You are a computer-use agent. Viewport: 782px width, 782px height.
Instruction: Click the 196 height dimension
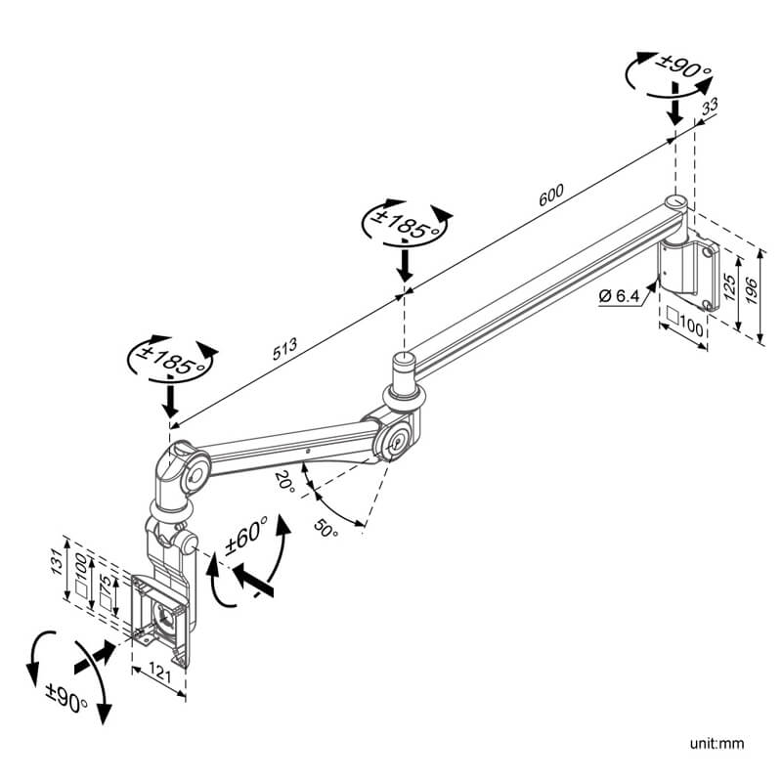pos(751,290)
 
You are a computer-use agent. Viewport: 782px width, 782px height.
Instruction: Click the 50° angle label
pos(326,529)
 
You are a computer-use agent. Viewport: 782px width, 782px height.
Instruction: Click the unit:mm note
pos(717,744)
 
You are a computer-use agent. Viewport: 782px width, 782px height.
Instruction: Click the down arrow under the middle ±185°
pos(404,262)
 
